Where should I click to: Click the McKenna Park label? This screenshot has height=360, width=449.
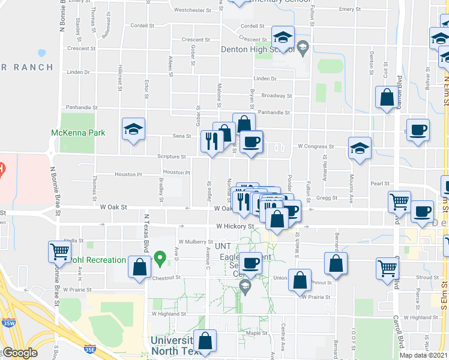coord(78,133)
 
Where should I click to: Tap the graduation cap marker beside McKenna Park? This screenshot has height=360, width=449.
coord(134,130)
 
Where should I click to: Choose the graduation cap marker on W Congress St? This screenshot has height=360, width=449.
coord(360,149)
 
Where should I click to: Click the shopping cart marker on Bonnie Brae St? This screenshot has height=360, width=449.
coord(59,251)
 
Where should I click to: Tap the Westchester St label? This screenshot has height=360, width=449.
coord(192,10)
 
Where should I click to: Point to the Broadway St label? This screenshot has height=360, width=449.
coord(276,95)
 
